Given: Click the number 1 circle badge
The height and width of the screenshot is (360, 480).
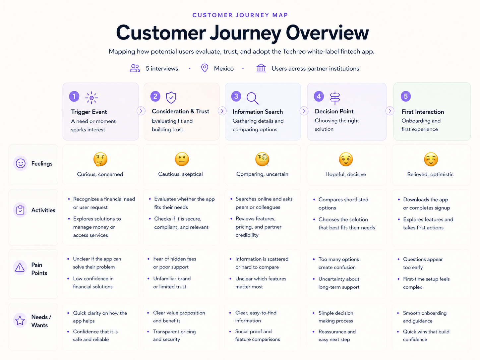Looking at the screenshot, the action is pyautogui.click(x=74, y=96).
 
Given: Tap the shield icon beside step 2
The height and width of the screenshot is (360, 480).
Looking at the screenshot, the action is pyautogui.click(x=171, y=97).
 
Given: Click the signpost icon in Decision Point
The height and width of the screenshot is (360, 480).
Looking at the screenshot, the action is pyautogui.click(x=335, y=98).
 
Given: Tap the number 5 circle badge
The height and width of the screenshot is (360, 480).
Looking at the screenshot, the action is pyautogui.click(x=406, y=96).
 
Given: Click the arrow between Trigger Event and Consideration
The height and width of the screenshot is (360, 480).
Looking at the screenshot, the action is pyautogui.click(x=141, y=111).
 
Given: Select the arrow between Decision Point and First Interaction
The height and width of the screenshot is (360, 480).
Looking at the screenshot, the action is pyautogui.click(x=390, y=111).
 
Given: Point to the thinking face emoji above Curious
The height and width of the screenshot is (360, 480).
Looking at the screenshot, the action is pyautogui.click(x=100, y=159).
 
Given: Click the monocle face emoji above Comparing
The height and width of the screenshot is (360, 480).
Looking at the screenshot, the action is pyautogui.click(x=262, y=159).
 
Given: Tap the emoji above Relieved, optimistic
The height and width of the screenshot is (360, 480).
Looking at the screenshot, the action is pyautogui.click(x=431, y=159).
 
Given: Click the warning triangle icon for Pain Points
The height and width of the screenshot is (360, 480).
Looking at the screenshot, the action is pyautogui.click(x=20, y=268).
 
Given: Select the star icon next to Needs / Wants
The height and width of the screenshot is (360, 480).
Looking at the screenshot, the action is pyautogui.click(x=20, y=321).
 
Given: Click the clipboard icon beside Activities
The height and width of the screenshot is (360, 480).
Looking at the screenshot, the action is pyautogui.click(x=20, y=210).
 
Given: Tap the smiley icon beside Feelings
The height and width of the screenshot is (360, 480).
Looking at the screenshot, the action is pyautogui.click(x=21, y=163).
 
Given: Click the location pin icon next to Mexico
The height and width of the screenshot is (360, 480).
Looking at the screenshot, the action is pyautogui.click(x=205, y=68).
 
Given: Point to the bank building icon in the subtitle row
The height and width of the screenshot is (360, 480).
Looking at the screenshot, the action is pyautogui.click(x=261, y=68).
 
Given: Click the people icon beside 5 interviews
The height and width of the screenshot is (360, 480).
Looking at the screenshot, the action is pyautogui.click(x=135, y=68).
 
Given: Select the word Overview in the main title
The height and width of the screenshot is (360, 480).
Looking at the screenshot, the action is pyautogui.click(x=327, y=33).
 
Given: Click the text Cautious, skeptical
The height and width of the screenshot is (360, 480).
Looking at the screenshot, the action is pyautogui.click(x=180, y=174).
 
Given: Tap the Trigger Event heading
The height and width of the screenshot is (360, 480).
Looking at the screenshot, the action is pyautogui.click(x=89, y=112).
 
